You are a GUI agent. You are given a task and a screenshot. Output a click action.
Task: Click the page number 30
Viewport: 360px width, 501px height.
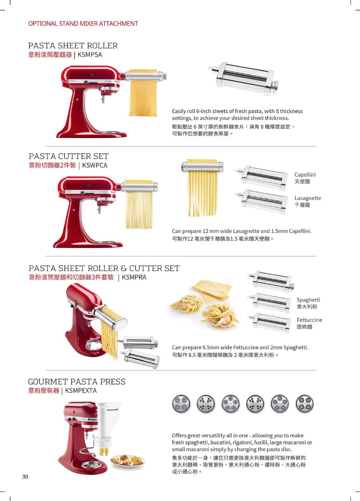[25, 476]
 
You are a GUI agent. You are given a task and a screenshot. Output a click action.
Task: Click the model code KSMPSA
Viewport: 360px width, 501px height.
[90, 54]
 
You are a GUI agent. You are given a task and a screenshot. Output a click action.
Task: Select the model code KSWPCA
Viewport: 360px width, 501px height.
[95, 165]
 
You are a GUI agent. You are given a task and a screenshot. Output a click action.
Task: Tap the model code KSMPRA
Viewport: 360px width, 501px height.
[134, 277]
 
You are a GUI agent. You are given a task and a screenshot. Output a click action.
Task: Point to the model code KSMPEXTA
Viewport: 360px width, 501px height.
[81, 390]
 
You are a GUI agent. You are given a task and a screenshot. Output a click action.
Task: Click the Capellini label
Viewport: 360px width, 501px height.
[305, 175]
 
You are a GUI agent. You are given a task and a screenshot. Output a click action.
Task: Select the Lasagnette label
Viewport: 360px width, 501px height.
[308, 198]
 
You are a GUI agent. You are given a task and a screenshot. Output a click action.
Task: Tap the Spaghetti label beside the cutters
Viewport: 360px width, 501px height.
[308, 300]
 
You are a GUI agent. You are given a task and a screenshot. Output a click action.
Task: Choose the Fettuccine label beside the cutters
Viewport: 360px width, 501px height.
[309, 320]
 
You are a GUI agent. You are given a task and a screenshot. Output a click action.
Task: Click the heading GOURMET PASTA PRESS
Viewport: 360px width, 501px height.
[77, 382]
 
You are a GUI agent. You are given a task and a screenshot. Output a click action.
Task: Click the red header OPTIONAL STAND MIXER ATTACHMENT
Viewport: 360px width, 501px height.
[83, 23]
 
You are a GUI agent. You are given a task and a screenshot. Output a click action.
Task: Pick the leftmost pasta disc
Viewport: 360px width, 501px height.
[181, 404]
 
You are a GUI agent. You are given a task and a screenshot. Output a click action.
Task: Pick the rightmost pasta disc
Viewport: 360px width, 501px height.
[304, 404]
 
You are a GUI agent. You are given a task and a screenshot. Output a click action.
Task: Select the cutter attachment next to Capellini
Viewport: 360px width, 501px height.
[262, 177]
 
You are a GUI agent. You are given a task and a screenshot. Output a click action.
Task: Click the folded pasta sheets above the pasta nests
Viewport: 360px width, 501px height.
[211, 290]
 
